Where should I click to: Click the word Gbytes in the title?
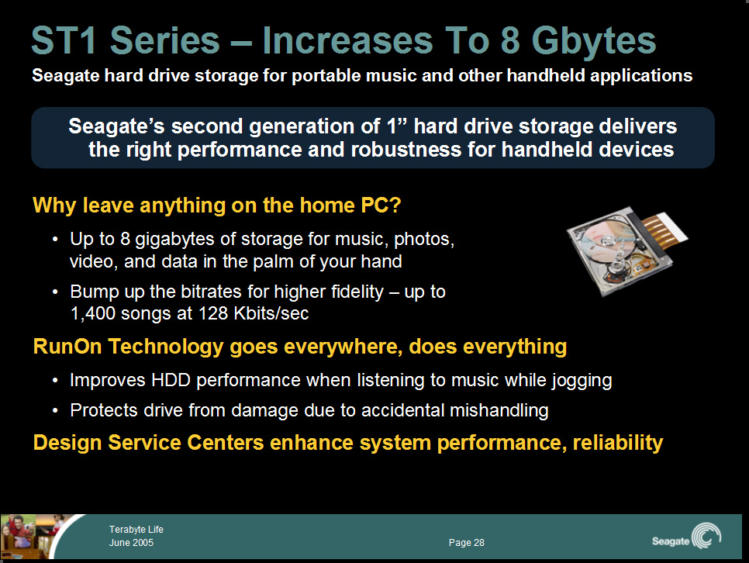click(594, 42)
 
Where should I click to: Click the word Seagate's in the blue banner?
click(116, 126)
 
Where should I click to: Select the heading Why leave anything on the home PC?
click(217, 206)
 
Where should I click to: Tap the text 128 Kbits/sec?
click(254, 313)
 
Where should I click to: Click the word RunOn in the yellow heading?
click(67, 347)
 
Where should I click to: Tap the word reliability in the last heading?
click(618, 443)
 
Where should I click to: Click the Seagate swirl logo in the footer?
click(706, 536)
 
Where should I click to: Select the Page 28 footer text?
click(466, 542)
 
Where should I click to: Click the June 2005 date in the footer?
click(131, 542)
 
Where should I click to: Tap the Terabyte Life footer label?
click(136, 530)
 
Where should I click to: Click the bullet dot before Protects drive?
click(56, 410)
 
